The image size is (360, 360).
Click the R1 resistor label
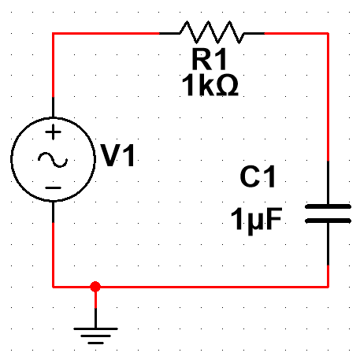click(209, 59)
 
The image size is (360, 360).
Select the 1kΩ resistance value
click(210, 85)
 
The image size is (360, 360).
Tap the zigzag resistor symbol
click(212, 32)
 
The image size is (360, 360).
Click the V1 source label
click(118, 155)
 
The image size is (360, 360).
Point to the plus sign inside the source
click(54, 132)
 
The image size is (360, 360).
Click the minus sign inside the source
click(54, 187)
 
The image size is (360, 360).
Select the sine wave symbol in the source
click(53, 160)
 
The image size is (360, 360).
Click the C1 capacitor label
click(258, 176)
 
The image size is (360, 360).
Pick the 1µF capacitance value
click(256, 220)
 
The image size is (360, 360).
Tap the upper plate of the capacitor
click(328, 206)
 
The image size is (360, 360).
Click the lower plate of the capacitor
click(328, 221)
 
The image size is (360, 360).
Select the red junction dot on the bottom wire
click(95, 287)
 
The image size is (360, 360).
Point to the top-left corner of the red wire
click(54, 34)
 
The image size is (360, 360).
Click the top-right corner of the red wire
click(328, 34)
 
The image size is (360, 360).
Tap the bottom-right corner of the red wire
click(328, 287)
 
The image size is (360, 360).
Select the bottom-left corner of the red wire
click(54, 287)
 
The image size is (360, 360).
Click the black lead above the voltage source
click(54, 107)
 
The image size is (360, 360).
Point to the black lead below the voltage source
click(54, 212)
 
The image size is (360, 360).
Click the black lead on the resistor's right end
click(254, 34)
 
